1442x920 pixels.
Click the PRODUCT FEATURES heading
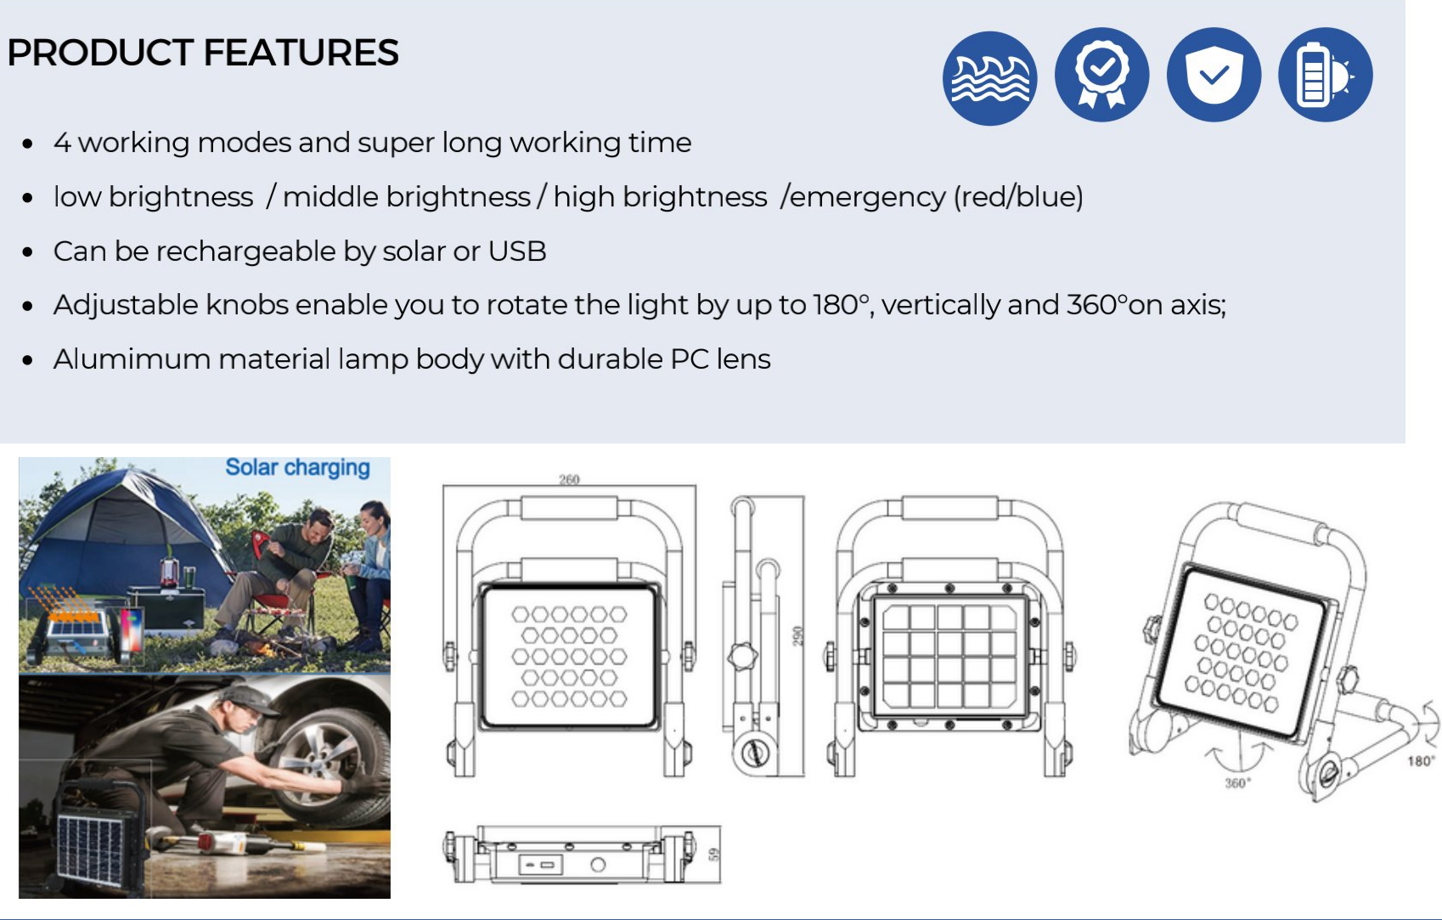coord(203,53)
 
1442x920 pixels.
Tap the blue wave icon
coord(990,78)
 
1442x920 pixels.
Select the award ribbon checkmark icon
coord(1102,75)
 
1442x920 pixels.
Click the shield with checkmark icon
coord(1214,75)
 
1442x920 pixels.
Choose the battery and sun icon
coord(1326,75)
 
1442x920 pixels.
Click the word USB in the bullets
coord(517,251)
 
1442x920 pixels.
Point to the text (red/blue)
coord(1018,197)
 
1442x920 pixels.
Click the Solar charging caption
coord(297,468)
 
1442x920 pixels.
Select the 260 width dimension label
coord(569,479)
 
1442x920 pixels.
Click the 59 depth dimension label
coord(713,855)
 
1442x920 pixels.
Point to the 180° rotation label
coord(1421,761)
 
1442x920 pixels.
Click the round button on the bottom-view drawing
coord(598,865)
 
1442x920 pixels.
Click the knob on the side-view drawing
coord(742,657)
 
